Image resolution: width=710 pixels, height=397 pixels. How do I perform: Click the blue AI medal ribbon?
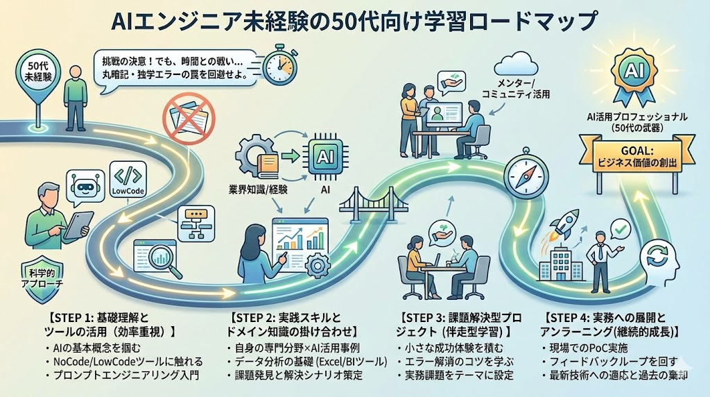(631, 76)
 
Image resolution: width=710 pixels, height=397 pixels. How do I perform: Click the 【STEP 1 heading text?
(104, 318)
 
